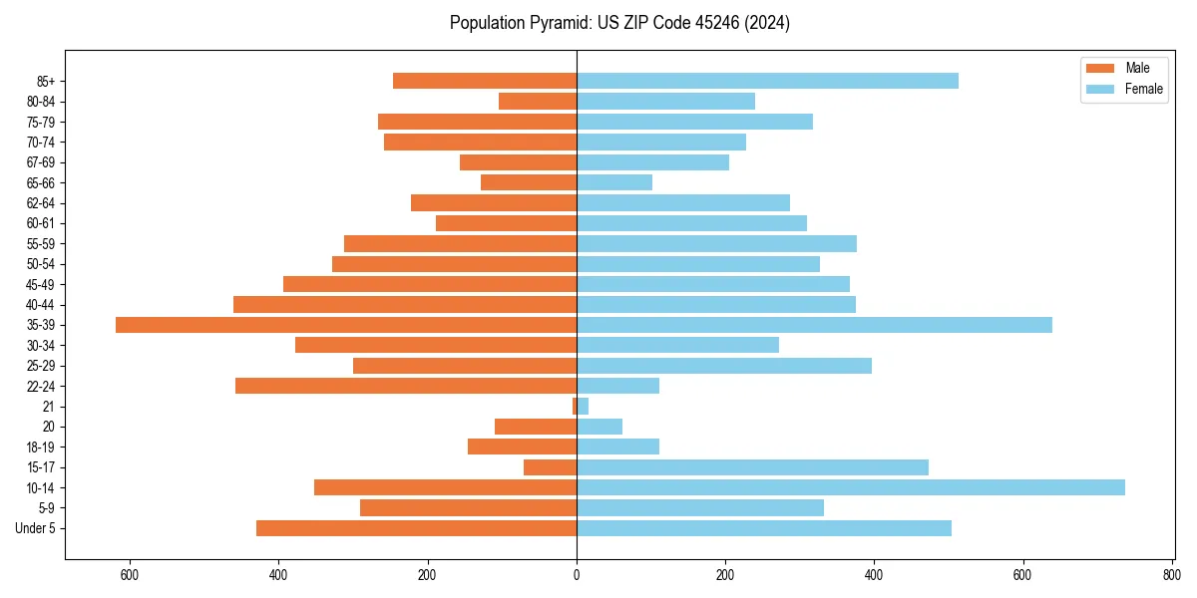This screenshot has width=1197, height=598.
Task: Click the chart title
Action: coord(619,23)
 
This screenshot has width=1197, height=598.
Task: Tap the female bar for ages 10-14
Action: coord(850,487)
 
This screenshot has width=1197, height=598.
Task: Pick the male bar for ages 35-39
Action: coord(346,325)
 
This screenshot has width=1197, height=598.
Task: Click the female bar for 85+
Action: coord(767,81)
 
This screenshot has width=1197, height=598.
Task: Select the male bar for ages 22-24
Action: coord(406,386)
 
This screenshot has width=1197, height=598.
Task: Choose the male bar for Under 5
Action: coord(416,528)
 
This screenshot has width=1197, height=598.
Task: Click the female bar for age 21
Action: coord(583,407)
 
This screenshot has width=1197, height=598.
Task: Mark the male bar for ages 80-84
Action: coord(538,101)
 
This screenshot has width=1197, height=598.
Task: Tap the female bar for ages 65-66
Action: coord(614,182)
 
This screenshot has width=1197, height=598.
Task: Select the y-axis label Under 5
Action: coord(36,528)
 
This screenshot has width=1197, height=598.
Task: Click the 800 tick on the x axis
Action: coord(1171,574)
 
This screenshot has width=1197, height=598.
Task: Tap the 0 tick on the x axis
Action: coord(577,574)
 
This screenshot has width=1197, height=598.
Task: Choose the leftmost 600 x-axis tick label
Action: coord(130,574)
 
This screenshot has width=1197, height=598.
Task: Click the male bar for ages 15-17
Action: coord(550,467)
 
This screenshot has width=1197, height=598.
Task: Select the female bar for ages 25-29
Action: coord(724,366)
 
